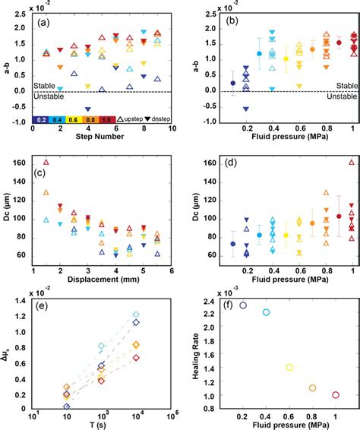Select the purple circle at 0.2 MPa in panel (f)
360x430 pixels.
tap(243, 305)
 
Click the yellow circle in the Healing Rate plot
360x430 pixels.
tap(289, 367)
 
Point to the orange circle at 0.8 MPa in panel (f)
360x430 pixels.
tap(313, 388)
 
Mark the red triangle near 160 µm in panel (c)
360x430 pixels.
tap(46, 162)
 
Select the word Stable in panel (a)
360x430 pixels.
tap(44, 86)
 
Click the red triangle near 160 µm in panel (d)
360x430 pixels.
tap(352, 162)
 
